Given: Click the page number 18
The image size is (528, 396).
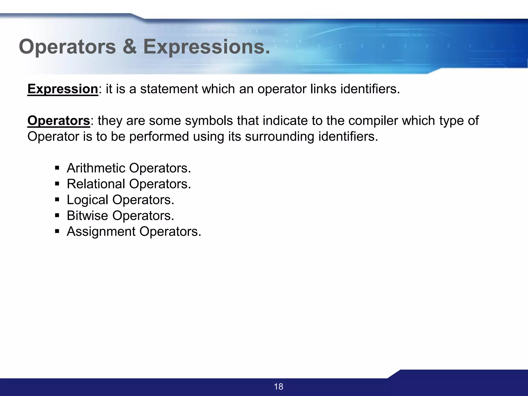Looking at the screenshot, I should pos(278,386).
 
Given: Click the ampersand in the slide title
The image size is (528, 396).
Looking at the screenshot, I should pos(130,47).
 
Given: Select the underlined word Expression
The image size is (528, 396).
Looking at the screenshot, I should pos(63,89).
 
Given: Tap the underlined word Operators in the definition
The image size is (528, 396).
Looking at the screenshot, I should pos(59,121).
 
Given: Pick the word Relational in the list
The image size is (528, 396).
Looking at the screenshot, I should pos(96,184).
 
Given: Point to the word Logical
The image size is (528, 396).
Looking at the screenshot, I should pos(87,200).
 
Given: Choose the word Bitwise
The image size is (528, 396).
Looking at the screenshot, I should pos(87,216).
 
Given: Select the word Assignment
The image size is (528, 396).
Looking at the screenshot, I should pos(101,232).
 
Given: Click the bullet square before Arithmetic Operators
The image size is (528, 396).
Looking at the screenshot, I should pos(57,168).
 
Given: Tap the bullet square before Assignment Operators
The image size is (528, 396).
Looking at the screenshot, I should pos(57,231).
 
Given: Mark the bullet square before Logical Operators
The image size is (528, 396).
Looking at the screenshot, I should pos(57,200).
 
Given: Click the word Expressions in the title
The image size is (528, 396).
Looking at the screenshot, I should pos(206,47).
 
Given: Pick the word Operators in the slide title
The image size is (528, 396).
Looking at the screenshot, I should pos(67,47).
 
